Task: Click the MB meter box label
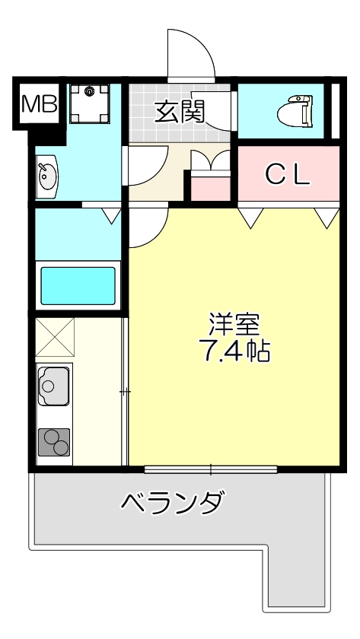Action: coord(39,105)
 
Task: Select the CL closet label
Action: coord(287,175)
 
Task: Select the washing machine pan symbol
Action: coord(90,105)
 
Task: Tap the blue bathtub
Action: coord(78,285)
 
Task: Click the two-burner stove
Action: coord(53,441)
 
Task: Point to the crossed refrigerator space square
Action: coord(54,337)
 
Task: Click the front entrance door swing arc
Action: coord(190,53)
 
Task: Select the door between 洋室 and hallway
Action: coord(147,228)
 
